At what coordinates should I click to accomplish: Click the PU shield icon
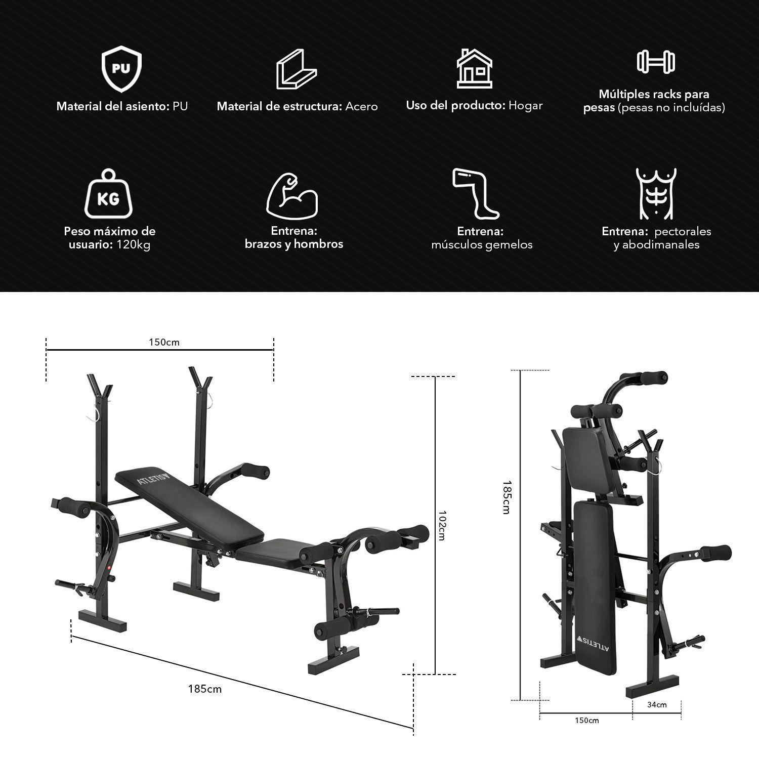click(121, 69)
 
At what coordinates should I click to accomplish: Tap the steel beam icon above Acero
click(296, 69)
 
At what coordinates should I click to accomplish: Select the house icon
click(474, 69)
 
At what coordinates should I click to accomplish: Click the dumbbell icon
click(656, 61)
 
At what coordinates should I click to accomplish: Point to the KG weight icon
click(108, 195)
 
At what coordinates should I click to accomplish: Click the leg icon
click(475, 194)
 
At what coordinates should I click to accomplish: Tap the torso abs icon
click(656, 194)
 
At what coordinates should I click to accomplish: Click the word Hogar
click(525, 106)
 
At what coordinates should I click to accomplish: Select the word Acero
click(361, 106)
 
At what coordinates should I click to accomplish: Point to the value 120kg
click(134, 245)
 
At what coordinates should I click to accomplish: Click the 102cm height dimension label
click(442, 525)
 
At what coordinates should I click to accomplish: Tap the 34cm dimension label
click(657, 704)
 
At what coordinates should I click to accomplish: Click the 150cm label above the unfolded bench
click(164, 342)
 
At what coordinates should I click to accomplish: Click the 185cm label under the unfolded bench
click(204, 689)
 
